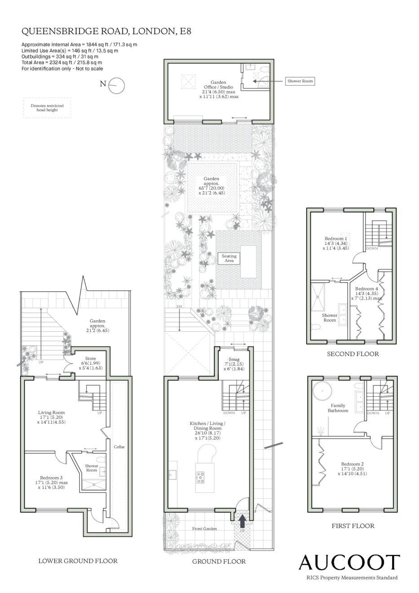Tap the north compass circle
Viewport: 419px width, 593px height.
click(117, 85)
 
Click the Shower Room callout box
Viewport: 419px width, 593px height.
click(300, 81)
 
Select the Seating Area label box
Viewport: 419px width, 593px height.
click(229, 258)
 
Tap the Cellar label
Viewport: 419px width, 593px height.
click(119, 447)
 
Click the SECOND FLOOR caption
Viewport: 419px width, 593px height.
click(353, 354)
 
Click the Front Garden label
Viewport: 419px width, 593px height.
click(204, 528)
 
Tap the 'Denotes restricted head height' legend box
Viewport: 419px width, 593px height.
click(47, 108)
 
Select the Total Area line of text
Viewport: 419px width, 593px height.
click(62, 62)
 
